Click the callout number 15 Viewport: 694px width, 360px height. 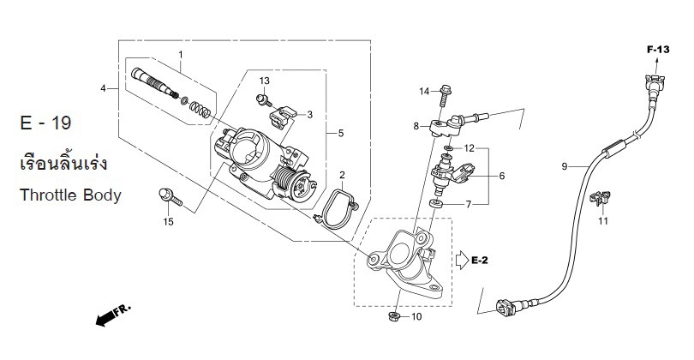click(x=169, y=222)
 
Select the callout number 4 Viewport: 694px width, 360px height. click(x=103, y=88)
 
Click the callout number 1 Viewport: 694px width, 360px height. click(x=181, y=55)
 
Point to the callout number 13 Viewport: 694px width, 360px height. click(x=265, y=81)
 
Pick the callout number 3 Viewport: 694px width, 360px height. click(x=309, y=114)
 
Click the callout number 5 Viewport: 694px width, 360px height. click(x=340, y=134)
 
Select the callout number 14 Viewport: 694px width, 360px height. click(x=423, y=91)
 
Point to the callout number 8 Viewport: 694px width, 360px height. click(x=416, y=126)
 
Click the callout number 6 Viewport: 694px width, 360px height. click(x=502, y=176)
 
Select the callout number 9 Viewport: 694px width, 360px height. click(x=565, y=166)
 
